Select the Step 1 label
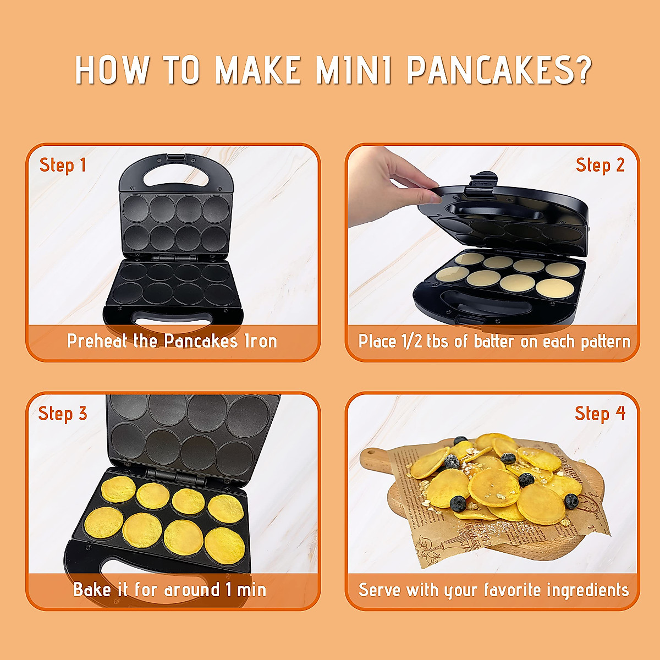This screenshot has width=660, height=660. pyautogui.click(x=63, y=165)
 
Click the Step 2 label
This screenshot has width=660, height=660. pyautogui.click(x=600, y=165)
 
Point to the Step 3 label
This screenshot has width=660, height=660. pyautogui.click(x=63, y=414)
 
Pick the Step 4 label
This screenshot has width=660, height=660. pyautogui.click(x=600, y=414)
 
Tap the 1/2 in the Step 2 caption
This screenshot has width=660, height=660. pyautogui.click(x=412, y=342)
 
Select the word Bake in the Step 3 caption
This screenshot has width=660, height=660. pyautogui.click(x=92, y=590)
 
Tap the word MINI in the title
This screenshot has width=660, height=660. pyautogui.click(x=354, y=70)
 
